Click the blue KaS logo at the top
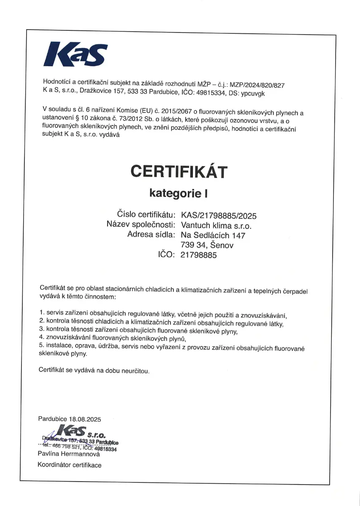coord(76,54)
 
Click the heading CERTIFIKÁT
coord(179,172)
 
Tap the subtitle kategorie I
coord(179,193)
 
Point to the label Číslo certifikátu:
coord(146,215)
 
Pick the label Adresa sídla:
coord(151,234)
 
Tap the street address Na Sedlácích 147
coord(213,235)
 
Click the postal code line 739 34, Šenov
coord(207,245)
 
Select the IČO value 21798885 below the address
coord(198,255)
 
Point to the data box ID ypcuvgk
coord(254,93)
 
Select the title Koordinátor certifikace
coord(70,465)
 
